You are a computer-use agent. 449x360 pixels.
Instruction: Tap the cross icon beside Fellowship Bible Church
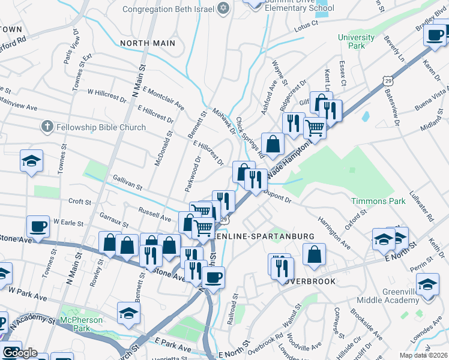point(47,127)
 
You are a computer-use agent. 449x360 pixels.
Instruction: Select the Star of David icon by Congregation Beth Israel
point(224,9)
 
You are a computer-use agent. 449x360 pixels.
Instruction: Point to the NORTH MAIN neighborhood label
point(148,43)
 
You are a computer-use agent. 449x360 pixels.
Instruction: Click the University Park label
point(356,41)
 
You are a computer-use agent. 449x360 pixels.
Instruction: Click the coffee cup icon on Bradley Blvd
point(434,34)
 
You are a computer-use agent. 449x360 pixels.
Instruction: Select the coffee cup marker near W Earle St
point(38,227)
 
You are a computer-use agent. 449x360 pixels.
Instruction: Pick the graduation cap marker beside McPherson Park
point(128,314)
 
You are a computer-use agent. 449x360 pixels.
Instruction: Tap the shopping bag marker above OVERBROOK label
point(314,254)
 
